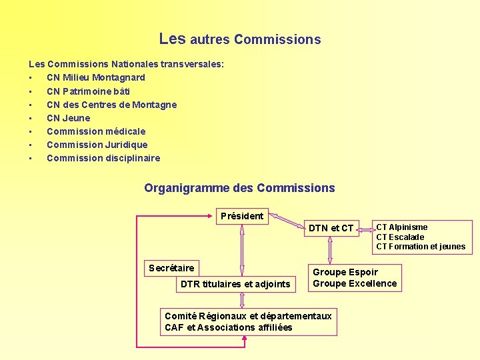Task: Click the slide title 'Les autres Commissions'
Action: (x=240, y=39)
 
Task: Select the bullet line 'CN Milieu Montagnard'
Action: (x=95, y=77)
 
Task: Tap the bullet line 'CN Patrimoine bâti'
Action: (x=88, y=91)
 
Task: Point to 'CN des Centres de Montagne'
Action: (x=111, y=105)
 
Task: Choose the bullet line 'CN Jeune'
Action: (x=68, y=118)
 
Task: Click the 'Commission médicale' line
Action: (x=96, y=131)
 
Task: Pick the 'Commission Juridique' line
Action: (x=97, y=145)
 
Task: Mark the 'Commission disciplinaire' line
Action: (x=103, y=158)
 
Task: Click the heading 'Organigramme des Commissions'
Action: (x=239, y=188)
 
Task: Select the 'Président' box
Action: (x=242, y=216)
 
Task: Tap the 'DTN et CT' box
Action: (x=331, y=228)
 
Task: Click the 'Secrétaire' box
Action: (x=171, y=268)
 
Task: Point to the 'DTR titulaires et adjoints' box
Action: (x=235, y=285)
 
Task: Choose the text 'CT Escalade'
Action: (x=400, y=237)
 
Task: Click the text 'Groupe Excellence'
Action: (x=355, y=283)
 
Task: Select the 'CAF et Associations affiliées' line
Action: (x=229, y=327)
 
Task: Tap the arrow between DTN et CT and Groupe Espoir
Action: (x=330, y=251)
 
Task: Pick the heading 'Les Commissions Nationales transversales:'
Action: (x=126, y=64)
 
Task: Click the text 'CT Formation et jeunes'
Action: (x=421, y=247)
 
